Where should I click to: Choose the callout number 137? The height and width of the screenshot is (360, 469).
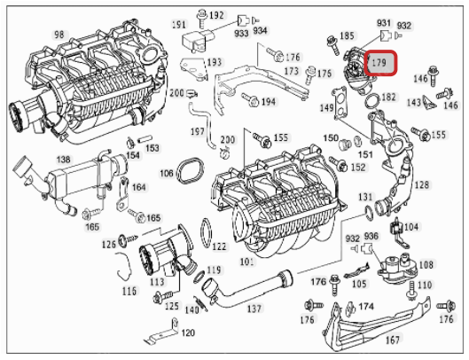254,309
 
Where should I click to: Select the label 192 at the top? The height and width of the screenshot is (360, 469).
217,17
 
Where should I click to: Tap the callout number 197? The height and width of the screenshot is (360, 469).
198,131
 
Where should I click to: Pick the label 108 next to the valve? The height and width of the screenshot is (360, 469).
426,264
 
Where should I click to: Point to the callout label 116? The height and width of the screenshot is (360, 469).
129,290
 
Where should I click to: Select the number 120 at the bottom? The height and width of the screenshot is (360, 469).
187,333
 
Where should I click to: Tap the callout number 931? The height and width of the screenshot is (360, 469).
384,21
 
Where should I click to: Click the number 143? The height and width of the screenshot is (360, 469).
414,102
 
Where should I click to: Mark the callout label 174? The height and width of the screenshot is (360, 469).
366,306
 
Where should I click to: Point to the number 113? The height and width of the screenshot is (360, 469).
157,283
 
